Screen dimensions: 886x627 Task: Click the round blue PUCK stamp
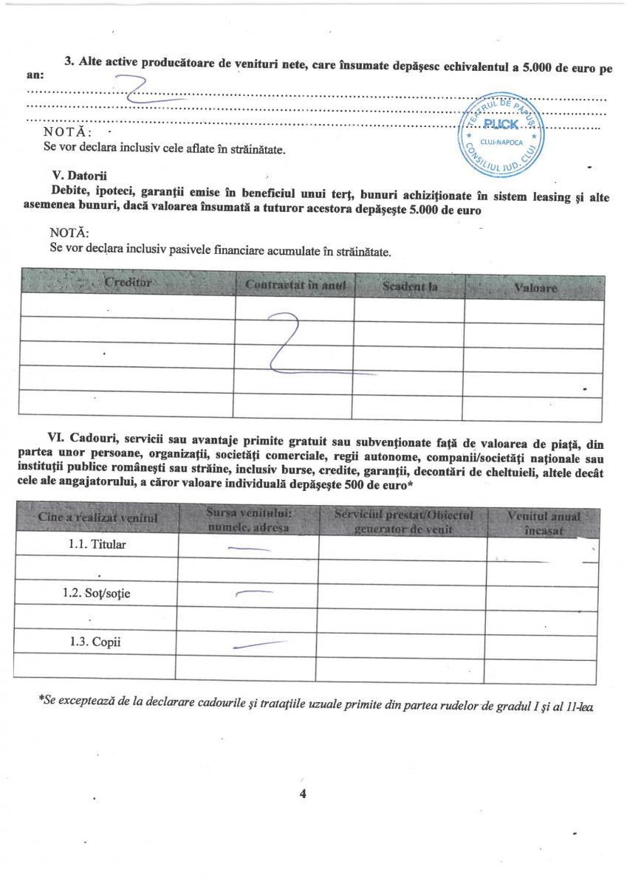pos(501,132)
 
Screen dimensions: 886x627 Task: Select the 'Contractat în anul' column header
pos(295,284)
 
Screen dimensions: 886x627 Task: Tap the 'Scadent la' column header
pos(408,285)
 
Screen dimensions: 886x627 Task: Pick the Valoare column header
pos(535,286)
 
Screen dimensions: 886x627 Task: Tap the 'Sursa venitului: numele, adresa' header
pos(247,520)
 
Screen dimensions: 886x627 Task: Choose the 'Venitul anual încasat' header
pos(544,522)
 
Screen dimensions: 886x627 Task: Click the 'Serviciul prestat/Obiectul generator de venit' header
pos(402,521)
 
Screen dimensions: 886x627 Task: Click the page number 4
pos(302,794)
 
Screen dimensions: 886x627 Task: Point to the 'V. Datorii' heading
pos(75,176)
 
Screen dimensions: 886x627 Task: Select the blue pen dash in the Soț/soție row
pos(253,593)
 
